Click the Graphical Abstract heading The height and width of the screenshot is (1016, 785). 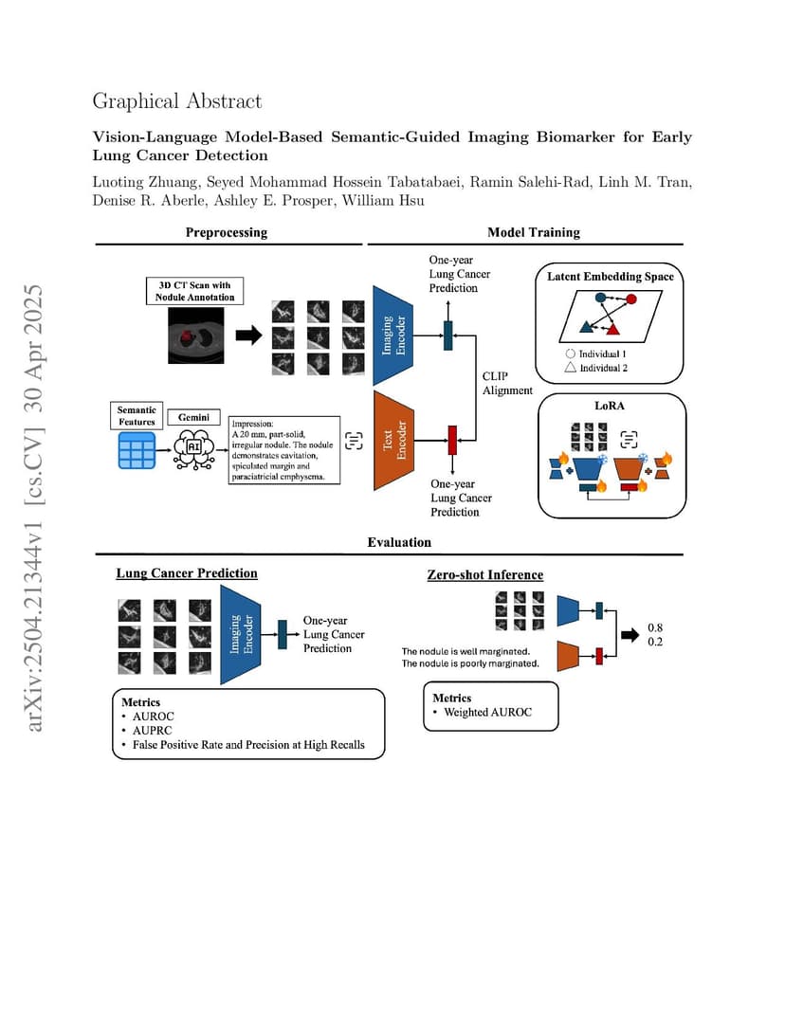[177, 101]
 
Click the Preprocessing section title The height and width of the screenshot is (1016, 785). [227, 232]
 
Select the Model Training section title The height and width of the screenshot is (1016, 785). [534, 232]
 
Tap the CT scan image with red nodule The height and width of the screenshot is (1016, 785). [195, 335]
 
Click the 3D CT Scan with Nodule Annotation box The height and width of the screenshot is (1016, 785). [195, 291]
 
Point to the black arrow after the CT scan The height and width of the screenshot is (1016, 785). [248, 335]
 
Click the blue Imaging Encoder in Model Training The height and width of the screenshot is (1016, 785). [392, 335]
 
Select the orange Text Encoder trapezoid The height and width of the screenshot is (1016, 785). [393, 441]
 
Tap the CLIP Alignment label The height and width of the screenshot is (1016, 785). [507, 383]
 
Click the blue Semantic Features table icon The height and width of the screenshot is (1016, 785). [137, 450]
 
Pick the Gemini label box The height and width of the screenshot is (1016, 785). [193, 417]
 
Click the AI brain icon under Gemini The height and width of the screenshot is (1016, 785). [193, 448]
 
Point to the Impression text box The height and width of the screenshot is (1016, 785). [283, 450]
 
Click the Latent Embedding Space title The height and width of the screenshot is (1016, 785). [610, 277]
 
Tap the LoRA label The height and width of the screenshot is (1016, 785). [610, 406]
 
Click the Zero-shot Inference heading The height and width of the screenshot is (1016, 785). [484, 574]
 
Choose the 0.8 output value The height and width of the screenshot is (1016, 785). [655, 627]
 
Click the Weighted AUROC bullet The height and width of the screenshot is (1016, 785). [483, 712]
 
